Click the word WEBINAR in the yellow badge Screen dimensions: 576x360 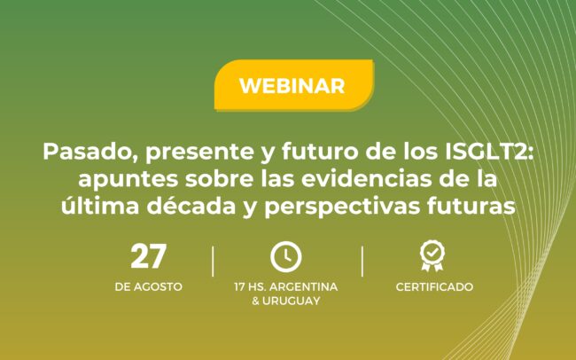292,86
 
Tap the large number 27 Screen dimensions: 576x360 148,256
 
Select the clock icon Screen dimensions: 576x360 286,256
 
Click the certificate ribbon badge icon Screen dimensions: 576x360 432,256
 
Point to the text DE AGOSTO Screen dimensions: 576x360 148,286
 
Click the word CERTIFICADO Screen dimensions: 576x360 434,286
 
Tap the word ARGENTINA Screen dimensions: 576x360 306,286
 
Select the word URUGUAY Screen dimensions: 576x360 291,301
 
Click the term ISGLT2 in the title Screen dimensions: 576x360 488,152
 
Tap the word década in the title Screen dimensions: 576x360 191,206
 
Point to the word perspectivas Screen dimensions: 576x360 342,207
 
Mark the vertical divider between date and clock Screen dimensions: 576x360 213,261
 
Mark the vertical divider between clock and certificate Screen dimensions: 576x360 362,261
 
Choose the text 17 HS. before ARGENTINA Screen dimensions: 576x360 252,286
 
